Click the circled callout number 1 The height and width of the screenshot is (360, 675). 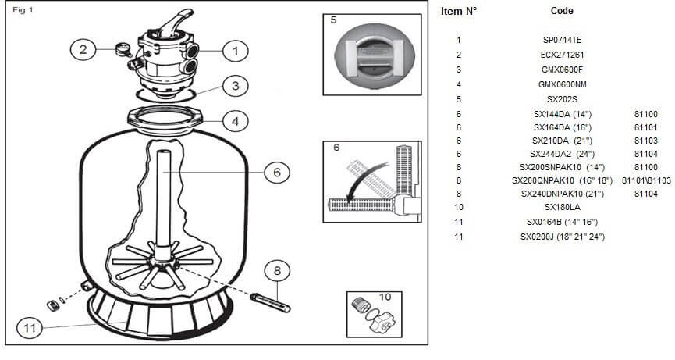tap(234, 52)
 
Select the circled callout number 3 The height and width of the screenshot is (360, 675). tap(235, 87)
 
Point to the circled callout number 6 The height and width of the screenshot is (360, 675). tap(276, 173)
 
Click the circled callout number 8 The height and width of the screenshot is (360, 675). tap(276, 272)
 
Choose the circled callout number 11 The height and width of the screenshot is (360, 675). tap(30, 329)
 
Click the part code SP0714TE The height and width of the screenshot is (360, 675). tap(561, 40)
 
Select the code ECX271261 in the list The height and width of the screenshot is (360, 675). tap(562, 55)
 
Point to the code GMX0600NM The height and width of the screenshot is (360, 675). tap(562, 84)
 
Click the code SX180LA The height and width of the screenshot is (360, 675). tap(562, 207)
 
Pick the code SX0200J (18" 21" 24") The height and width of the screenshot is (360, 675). tap(562, 236)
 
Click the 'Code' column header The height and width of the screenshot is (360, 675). tap(562, 12)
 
